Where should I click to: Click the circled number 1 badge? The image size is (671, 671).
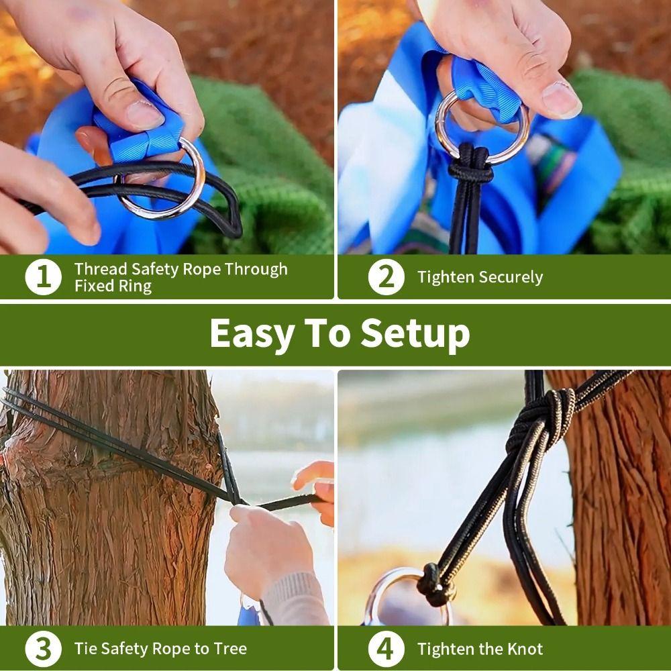click(x=43, y=277)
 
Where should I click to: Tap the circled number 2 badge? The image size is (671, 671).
click(x=386, y=277)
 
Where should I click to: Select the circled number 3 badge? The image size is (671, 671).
click(x=43, y=649)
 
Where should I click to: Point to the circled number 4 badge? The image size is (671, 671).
click(x=386, y=649)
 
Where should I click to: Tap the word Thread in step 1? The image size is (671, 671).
click(x=101, y=269)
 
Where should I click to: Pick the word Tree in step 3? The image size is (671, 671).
click(x=229, y=649)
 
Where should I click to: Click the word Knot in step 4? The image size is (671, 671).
click(x=524, y=649)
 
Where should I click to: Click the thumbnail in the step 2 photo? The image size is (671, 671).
click(x=560, y=99)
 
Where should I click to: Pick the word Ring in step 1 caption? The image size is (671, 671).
click(x=140, y=286)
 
